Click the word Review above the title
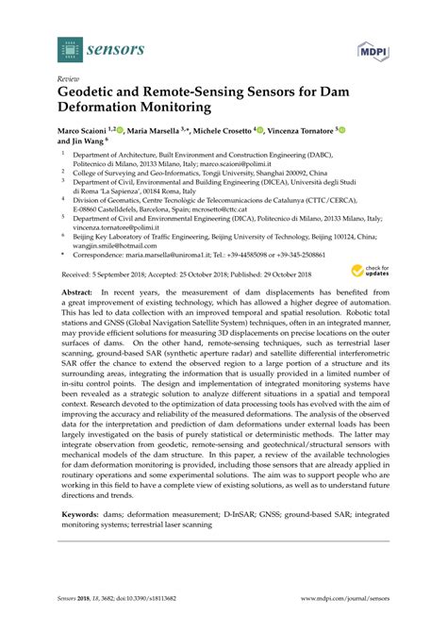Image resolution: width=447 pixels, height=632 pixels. (x=69, y=80)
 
